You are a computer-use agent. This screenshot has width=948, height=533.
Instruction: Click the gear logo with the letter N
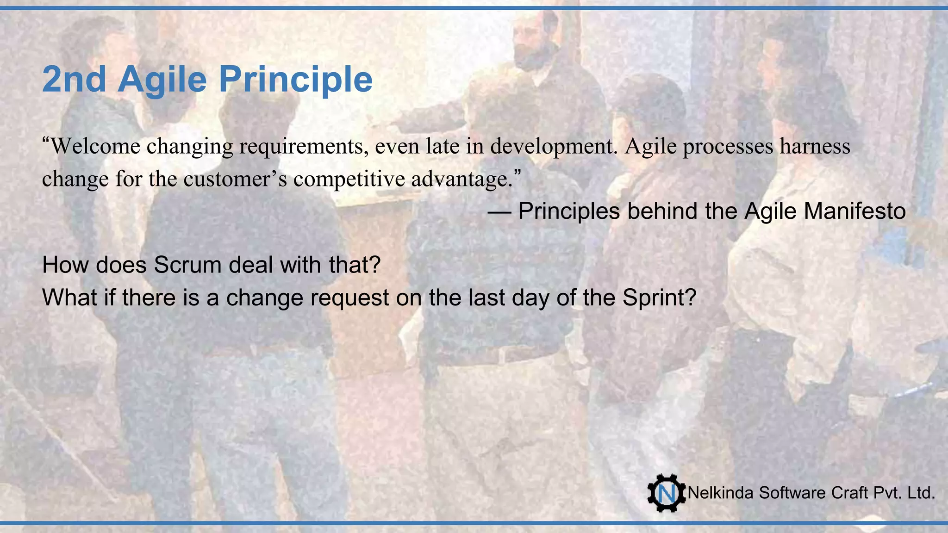click(666, 493)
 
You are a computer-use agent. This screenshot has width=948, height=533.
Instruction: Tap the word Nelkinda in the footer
click(721, 493)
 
